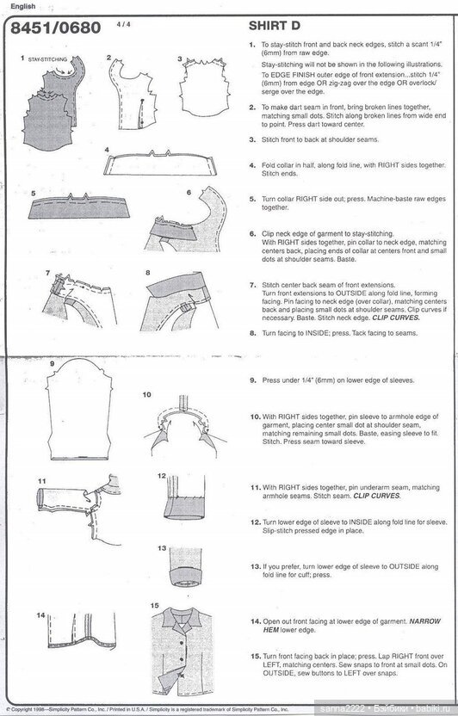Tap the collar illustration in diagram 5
pyautogui.click(x=77, y=207)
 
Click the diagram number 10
pyautogui.click(x=146, y=394)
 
